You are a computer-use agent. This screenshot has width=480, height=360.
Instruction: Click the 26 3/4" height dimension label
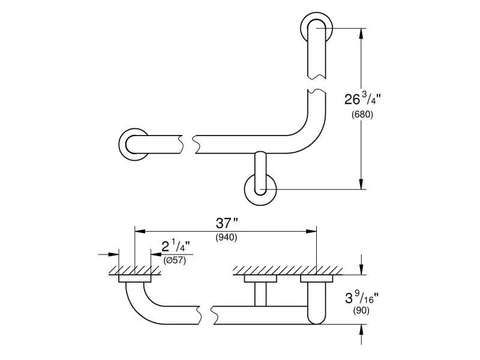(362, 98)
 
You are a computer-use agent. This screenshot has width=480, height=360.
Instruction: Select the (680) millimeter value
(362, 115)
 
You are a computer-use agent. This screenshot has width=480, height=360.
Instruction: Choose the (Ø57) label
(175, 260)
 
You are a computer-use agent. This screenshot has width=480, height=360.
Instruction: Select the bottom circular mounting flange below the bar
(260, 190)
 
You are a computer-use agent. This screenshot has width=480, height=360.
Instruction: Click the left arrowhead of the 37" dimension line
(139, 230)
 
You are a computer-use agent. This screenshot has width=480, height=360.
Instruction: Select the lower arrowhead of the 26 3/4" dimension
(361, 185)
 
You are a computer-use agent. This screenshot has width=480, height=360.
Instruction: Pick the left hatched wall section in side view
(135, 271)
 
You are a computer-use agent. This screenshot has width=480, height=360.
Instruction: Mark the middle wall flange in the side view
(260, 278)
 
